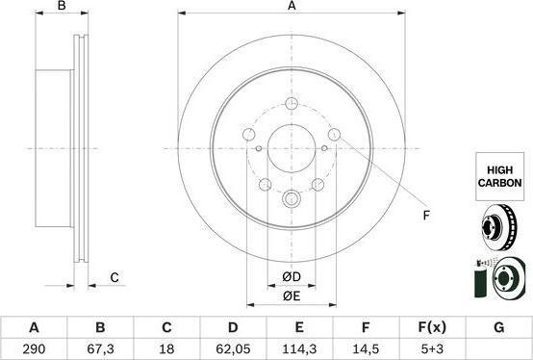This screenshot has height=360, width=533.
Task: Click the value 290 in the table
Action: click(x=34, y=349)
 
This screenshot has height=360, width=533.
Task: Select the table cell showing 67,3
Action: click(x=100, y=349)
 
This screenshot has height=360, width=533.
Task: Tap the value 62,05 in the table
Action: click(x=233, y=349)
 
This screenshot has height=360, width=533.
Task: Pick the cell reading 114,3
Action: click(x=299, y=349)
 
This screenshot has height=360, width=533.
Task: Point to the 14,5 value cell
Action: click(x=366, y=349)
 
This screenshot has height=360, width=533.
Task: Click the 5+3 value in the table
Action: click(x=432, y=349)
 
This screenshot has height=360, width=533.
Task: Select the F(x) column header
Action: click(x=432, y=327)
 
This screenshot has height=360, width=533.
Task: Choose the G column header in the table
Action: click(x=498, y=327)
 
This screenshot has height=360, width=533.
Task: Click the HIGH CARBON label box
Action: click(x=499, y=176)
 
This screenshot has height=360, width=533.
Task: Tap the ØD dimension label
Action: click(x=292, y=277)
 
